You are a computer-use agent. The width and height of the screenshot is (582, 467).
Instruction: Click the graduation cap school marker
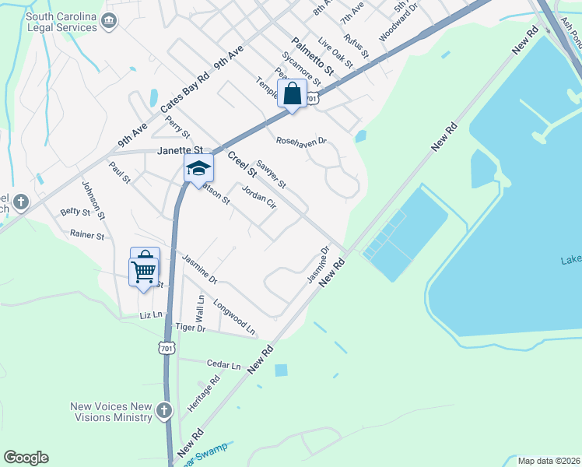[x=198, y=168]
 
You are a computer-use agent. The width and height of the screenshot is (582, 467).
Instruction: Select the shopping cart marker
[x=144, y=272]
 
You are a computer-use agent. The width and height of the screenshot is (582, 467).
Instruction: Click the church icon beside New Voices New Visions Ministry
[x=163, y=410]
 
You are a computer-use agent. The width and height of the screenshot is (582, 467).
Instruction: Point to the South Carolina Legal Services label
[x=61, y=22]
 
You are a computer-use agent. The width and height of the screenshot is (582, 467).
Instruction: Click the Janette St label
[x=180, y=150]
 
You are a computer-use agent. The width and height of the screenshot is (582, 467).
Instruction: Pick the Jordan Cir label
[x=259, y=199]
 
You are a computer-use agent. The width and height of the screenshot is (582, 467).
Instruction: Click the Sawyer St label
[x=272, y=175]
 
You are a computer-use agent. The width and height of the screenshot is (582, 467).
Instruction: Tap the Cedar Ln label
[x=224, y=363]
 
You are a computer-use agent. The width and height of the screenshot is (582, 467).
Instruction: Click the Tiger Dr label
[x=190, y=328]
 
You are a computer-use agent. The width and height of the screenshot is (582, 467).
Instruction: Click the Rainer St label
[x=87, y=234]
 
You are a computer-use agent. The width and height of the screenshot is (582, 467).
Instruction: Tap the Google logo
[x=26, y=458]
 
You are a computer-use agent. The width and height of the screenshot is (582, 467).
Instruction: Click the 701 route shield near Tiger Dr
[x=166, y=348]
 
